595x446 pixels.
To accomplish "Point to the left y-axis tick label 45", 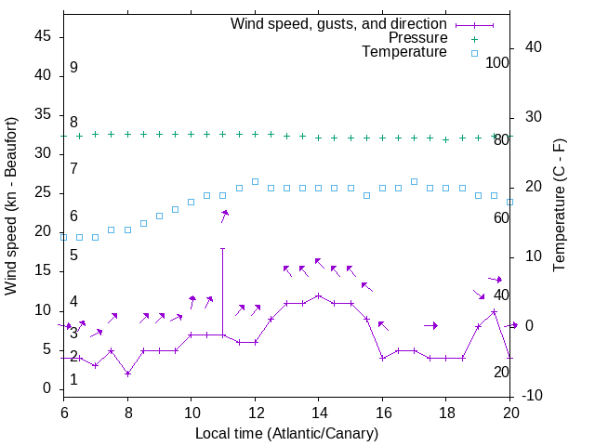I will pos(43,37).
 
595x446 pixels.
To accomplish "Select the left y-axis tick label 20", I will pos(43,232).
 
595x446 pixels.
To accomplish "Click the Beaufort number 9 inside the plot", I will pos(73,68).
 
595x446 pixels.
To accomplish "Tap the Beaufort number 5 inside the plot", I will pos(73,255).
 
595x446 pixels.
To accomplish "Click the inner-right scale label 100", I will pos(497,63).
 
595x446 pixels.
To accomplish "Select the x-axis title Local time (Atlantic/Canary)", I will pos(286,434).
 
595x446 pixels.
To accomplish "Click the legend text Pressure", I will pos(416,38).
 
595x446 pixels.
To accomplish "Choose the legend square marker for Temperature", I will pos(474,53).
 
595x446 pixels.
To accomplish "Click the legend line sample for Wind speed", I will pos(474,23).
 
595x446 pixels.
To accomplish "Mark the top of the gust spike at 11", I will pos(223,248).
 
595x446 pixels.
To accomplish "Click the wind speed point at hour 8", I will pos(127,374).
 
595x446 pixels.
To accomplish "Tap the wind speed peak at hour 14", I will pos(318,295).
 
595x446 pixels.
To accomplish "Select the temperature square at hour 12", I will pos(255,181).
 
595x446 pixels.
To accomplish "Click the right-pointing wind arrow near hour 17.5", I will pos(430,325).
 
